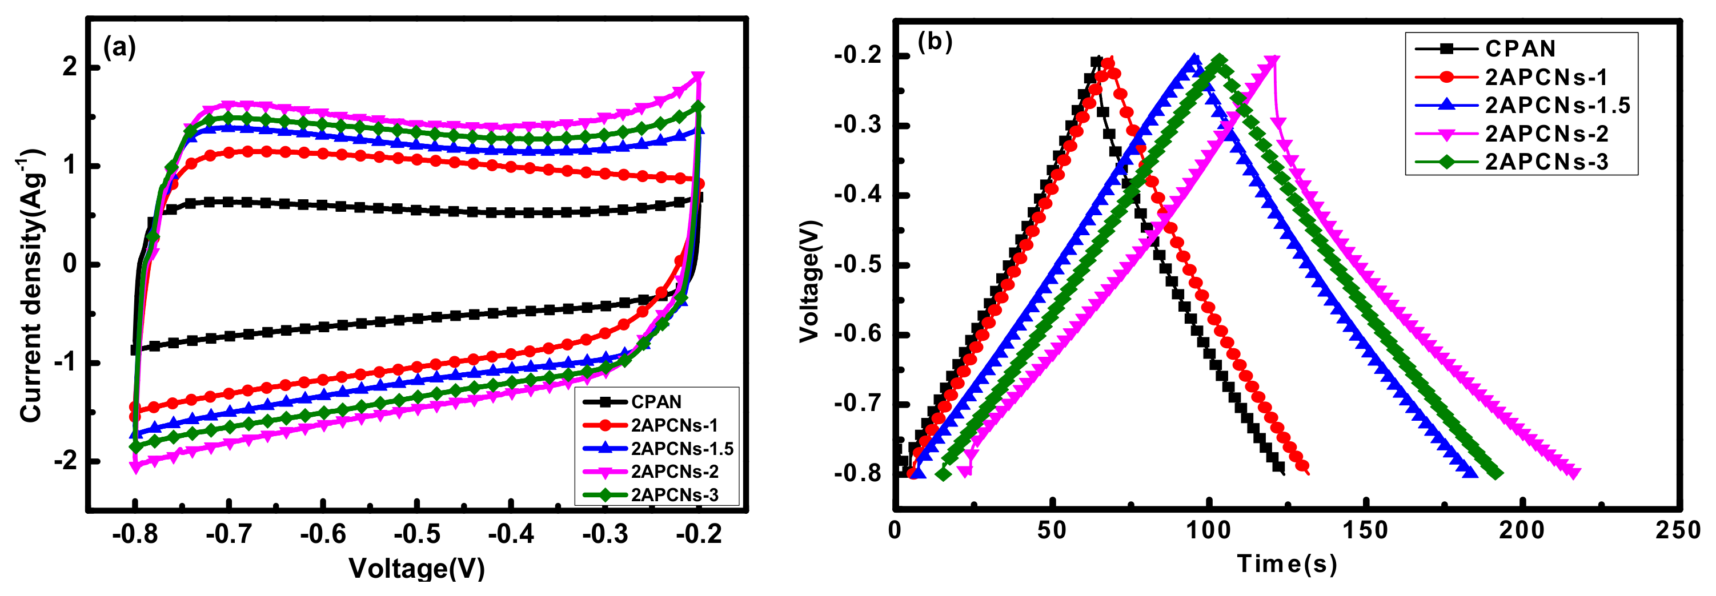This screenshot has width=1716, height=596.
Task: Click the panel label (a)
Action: coord(119,47)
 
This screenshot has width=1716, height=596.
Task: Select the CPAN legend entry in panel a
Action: coord(656,401)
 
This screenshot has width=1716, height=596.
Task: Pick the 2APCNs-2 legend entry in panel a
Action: coord(674,472)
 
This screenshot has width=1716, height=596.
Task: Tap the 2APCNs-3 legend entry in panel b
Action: coord(1545,162)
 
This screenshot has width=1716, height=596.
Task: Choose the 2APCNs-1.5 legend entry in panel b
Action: coord(1557,105)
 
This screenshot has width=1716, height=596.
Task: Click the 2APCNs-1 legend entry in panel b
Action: coord(1545,77)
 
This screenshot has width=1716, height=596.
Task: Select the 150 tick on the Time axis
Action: coord(1366,530)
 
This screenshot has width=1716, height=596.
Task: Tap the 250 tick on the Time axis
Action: coord(1679,530)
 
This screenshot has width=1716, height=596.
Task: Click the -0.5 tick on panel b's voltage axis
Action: coord(859,264)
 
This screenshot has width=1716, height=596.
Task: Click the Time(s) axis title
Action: coord(1286,563)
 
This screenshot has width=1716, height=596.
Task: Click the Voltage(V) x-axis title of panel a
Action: coord(416,568)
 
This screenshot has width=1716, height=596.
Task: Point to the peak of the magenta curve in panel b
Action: coord(1272,61)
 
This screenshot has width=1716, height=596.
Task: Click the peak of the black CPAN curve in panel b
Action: coord(1096,61)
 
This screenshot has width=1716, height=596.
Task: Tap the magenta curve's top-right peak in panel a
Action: coord(697,76)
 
